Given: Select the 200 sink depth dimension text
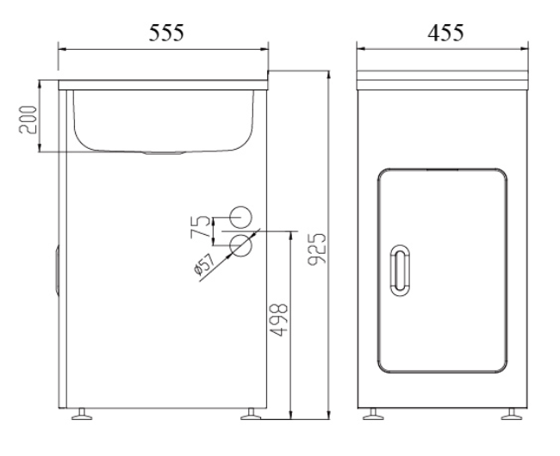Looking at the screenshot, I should [28, 119].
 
